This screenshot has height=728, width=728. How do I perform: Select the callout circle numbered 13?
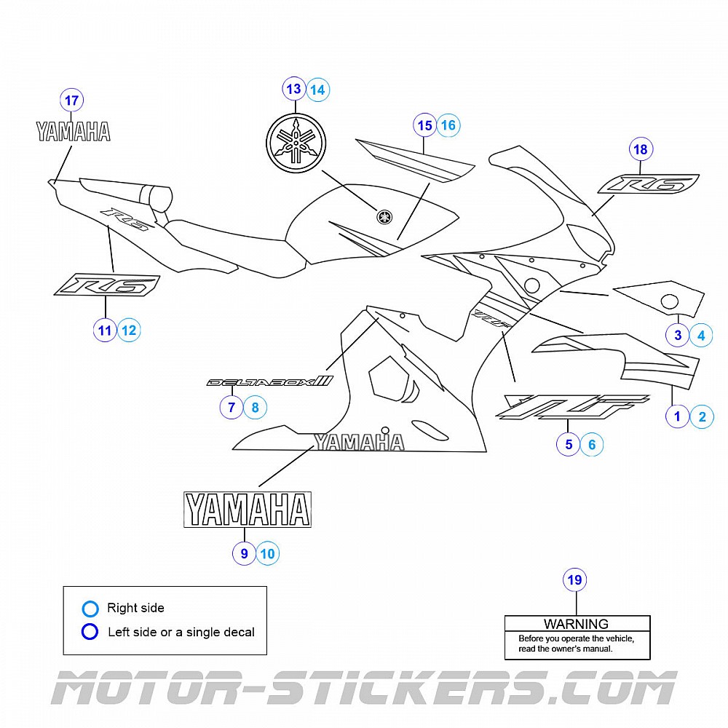pyautogui.click(x=294, y=90)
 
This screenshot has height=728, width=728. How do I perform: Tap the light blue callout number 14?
pyautogui.click(x=317, y=90)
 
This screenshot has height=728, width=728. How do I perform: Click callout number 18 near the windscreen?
pyautogui.click(x=641, y=150)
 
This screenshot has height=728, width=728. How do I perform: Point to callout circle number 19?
pyautogui.click(x=575, y=580)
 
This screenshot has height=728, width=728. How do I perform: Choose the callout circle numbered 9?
pyautogui.click(x=245, y=554)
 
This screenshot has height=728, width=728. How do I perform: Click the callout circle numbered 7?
pyautogui.click(x=232, y=408)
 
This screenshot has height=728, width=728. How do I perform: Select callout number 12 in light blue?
pyautogui.click(x=129, y=331)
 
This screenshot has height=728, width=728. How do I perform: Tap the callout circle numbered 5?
pyautogui.click(x=569, y=444)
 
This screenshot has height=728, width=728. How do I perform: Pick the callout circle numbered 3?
pyautogui.click(x=678, y=335)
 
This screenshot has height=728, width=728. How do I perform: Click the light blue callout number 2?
pyautogui.click(x=702, y=416)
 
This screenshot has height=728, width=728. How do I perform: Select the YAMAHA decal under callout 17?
pyautogui.click(x=74, y=132)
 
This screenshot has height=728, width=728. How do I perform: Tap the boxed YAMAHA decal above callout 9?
pyautogui.click(x=247, y=509)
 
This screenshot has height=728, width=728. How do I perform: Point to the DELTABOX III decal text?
pyautogui.click(x=269, y=381)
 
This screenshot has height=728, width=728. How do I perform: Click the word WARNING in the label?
pyautogui.click(x=576, y=624)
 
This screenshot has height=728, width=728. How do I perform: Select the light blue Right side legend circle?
pyautogui.click(x=90, y=609)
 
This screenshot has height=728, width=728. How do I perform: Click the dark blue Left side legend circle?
pyautogui.click(x=90, y=632)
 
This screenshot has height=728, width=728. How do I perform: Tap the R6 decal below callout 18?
pyautogui.click(x=648, y=184)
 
